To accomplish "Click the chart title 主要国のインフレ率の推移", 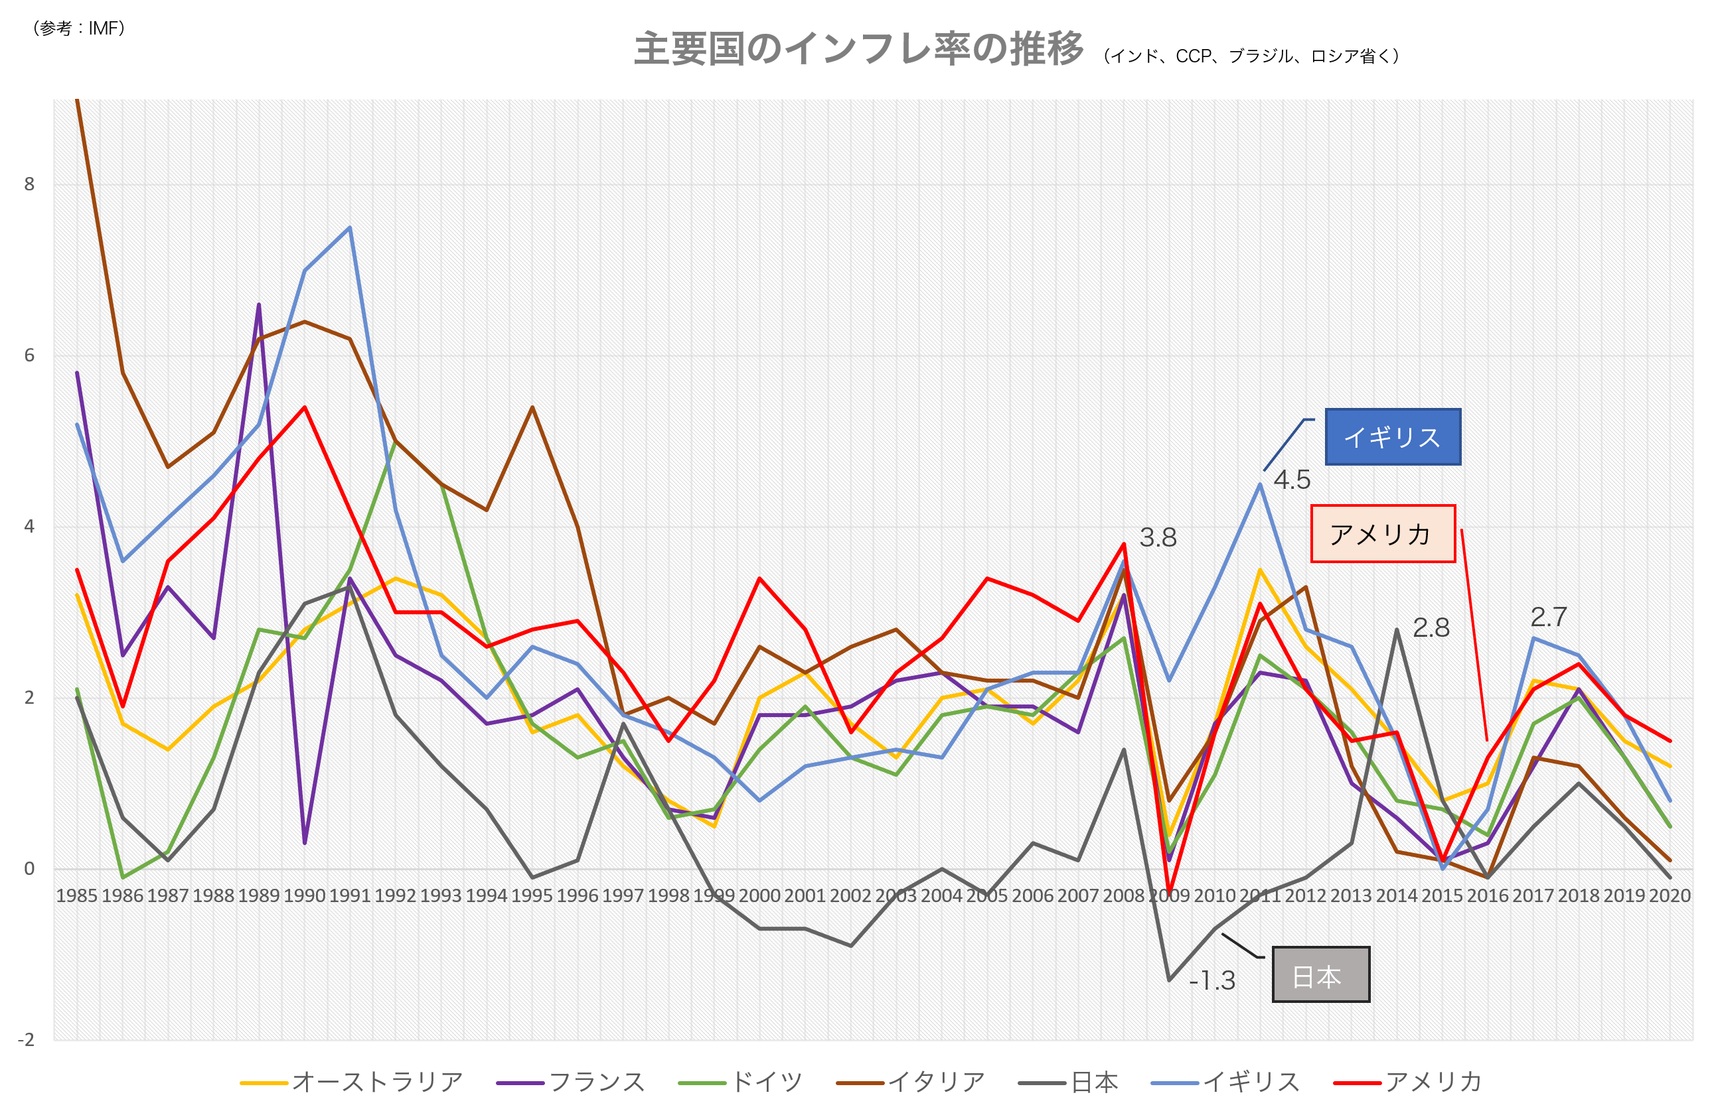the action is tap(858, 49).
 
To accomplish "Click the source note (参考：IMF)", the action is tap(79, 28).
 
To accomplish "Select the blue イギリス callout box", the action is tap(1392, 436).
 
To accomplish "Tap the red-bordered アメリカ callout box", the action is tap(1382, 534).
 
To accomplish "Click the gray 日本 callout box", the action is tap(1320, 974).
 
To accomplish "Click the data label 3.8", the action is tap(1158, 537).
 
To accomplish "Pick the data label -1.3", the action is tap(1212, 981).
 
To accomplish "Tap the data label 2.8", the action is tap(1431, 628).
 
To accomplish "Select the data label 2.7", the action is tap(1549, 618).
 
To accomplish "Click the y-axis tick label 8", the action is tap(29, 184).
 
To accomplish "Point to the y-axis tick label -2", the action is tap(26, 1040).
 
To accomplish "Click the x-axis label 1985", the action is tap(76, 895).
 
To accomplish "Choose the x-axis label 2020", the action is tap(1670, 895).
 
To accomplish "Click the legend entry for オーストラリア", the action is tap(351, 1083).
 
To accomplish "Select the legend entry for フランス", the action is tap(571, 1083).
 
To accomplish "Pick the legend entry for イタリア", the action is tap(911, 1083).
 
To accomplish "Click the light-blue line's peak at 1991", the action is tap(350, 228).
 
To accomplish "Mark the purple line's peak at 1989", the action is tap(259, 304).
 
